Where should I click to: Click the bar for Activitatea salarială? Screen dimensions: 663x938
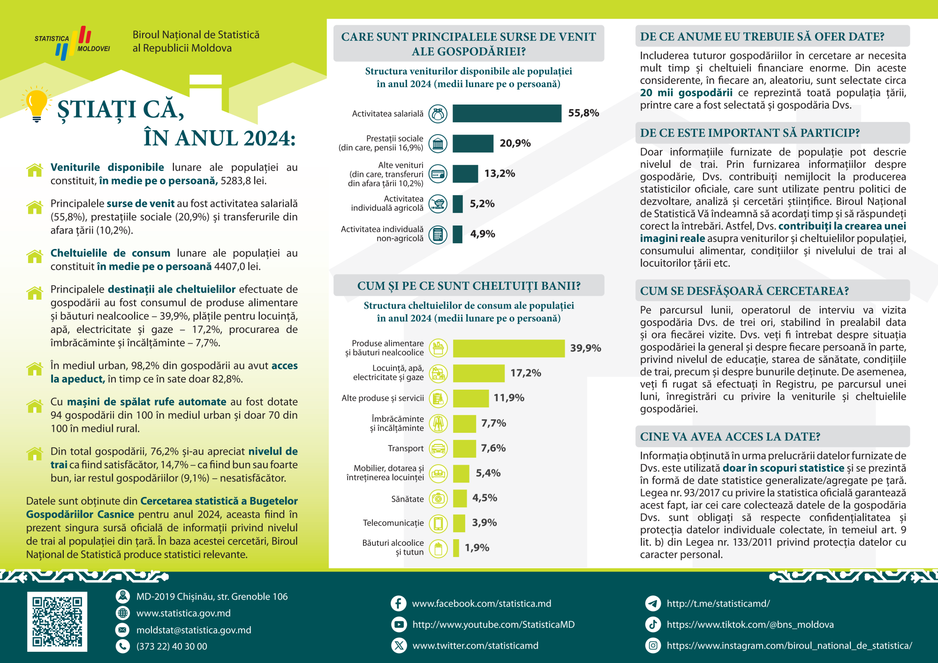(x=507, y=113)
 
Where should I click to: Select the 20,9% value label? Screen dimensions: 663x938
(x=515, y=143)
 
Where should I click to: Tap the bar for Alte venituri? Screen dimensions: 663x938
(x=465, y=174)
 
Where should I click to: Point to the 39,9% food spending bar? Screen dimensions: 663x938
(x=508, y=348)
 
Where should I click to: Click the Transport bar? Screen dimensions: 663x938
(x=464, y=448)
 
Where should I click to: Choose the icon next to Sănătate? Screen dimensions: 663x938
(x=438, y=498)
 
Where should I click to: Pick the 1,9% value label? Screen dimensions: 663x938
(x=477, y=548)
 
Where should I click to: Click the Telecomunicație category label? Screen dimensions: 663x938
(x=393, y=523)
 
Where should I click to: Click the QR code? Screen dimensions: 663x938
(x=57, y=622)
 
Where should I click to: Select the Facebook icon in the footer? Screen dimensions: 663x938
(x=398, y=603)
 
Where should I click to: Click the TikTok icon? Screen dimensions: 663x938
(x=653, y=625)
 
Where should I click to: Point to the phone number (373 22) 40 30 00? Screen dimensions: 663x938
(x=172, y=647)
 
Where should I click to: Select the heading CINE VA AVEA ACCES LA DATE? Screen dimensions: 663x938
(x=730, y=437)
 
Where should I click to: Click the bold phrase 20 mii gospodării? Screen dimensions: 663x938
(x=686, y=93)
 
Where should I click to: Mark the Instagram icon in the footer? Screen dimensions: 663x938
(x=653, y=646)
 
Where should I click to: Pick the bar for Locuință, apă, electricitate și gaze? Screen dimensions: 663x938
(x=478, y=373)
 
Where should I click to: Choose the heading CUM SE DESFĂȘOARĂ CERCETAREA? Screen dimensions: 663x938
(x=744, y=291)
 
